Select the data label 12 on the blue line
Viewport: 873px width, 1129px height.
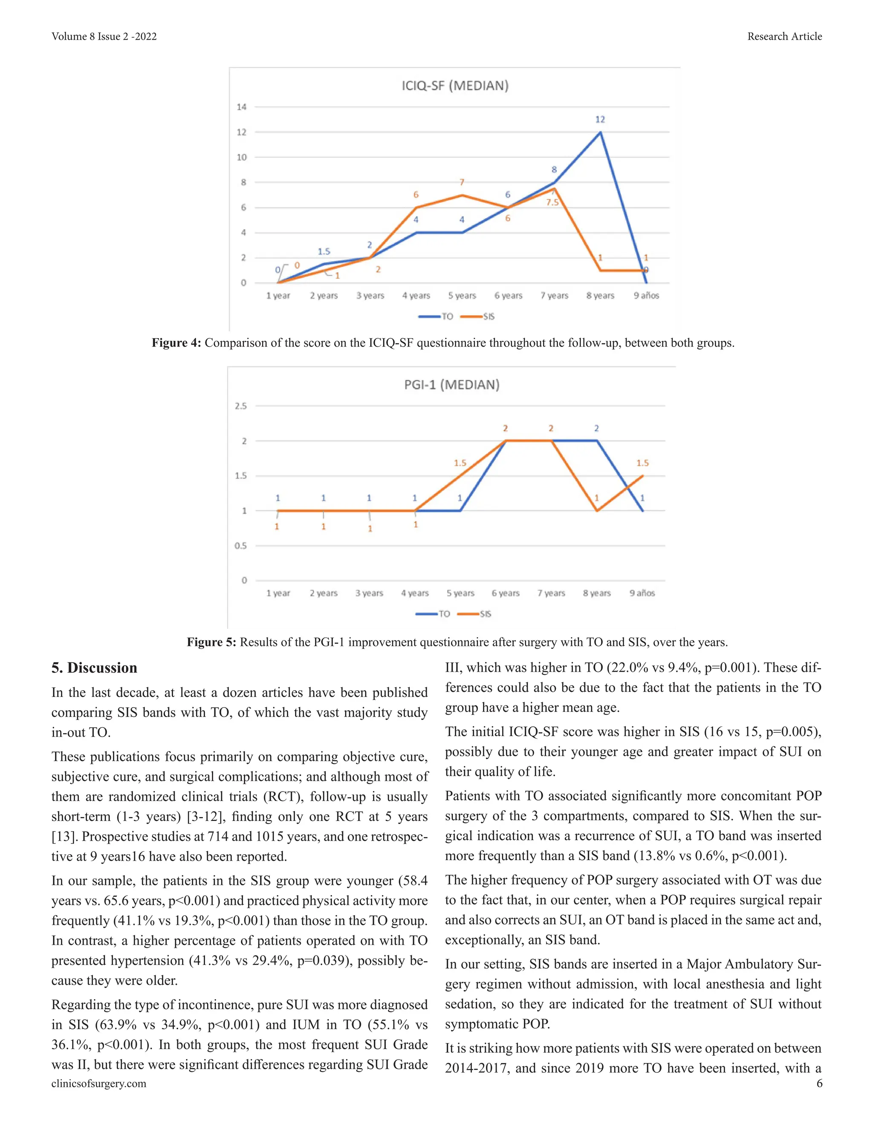click(600, 119)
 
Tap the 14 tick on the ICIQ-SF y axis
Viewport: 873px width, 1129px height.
click(242, 107)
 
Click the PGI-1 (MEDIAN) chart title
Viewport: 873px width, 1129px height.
click(451, 385)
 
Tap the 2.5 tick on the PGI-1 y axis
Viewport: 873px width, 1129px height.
click(240, 406)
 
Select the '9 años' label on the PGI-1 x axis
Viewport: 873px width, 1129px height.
click(642, 593)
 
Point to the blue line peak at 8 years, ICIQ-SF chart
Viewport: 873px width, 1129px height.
click(600, 132)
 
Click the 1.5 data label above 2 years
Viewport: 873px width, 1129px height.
click(324, 252)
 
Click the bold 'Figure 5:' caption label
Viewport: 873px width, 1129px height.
click(211, 642)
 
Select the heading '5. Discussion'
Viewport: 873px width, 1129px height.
click(94, 668)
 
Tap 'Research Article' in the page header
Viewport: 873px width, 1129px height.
click(784, 36)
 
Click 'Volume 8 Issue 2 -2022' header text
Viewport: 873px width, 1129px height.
click(104, 36)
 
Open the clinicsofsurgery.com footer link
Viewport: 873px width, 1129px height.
click(99, 1083)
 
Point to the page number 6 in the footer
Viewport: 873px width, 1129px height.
click(819, 1083)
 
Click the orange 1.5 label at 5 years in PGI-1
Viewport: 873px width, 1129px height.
click(460, 463)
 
